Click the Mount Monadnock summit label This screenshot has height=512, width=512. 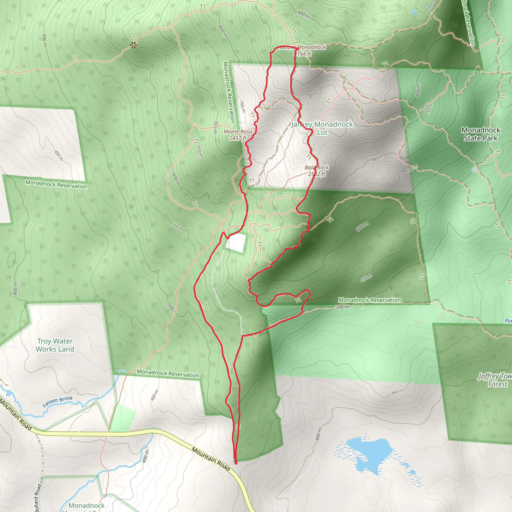point(303,47)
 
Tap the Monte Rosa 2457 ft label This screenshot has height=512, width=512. point(238,135)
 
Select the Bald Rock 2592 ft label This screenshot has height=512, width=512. point(316,171)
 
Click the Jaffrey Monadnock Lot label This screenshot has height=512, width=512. point(322,128)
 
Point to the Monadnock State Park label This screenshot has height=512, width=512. point(481,134)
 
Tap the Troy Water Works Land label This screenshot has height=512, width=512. point(55,345)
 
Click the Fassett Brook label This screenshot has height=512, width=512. point(58,401)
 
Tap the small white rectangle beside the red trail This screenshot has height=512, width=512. point(235,243)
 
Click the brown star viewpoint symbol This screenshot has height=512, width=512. point(133,45)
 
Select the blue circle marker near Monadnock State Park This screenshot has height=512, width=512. point(474,169)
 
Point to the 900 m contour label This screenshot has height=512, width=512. point(303,15)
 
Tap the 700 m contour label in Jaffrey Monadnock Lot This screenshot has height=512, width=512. point(376,158)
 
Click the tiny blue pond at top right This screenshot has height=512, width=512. point(413,12)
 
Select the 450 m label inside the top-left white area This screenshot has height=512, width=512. point(58,155)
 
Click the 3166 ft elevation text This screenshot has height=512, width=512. point(303,54)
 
